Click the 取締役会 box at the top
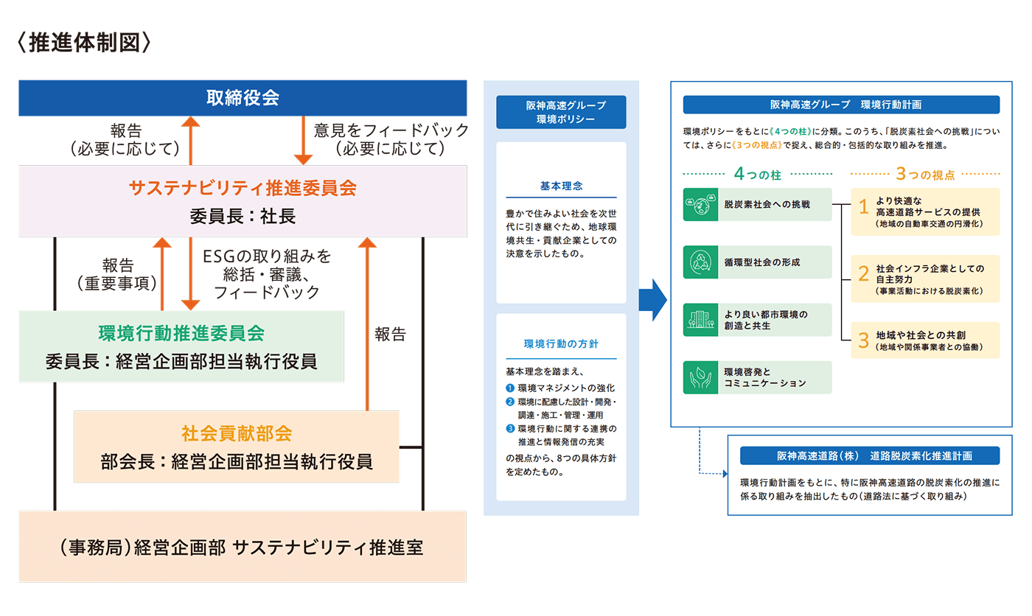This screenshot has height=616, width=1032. click(243, 97)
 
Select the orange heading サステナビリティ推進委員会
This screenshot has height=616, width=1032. click(243, 188)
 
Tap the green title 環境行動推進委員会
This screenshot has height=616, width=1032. click(181, 333)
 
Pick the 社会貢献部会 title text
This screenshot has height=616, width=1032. click(237, 433)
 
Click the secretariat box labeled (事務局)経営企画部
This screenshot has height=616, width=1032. click(243, 547)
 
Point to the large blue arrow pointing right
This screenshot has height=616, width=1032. click(653, 300)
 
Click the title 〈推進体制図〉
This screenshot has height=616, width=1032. click(84, 43)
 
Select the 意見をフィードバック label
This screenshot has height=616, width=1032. click(391, 130)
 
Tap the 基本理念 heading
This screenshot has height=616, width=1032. click(561, 186)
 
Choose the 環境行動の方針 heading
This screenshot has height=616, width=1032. click(561, 344)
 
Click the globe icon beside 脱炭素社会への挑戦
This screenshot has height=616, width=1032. click(700, 204)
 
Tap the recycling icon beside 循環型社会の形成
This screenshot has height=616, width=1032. click(700, 262)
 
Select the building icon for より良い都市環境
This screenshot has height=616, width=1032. click(700, 320)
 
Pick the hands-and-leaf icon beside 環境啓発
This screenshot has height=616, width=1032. click(700, 377)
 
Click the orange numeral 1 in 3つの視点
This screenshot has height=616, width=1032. click(864, 207)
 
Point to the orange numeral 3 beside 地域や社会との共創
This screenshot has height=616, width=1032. click(864, 340)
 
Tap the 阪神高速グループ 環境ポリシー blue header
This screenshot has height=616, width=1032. click(561, 112)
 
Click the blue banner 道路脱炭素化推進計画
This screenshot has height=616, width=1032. click(870, 456)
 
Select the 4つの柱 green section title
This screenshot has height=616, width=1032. click(758, 174)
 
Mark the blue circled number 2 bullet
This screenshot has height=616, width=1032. click(510, 402)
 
